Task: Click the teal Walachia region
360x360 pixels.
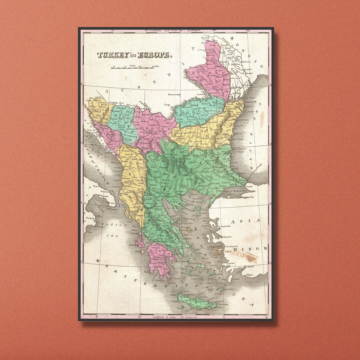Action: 197,112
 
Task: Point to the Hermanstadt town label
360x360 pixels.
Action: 174,94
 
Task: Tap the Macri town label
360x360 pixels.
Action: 251,267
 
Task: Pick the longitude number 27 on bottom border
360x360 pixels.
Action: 224,317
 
